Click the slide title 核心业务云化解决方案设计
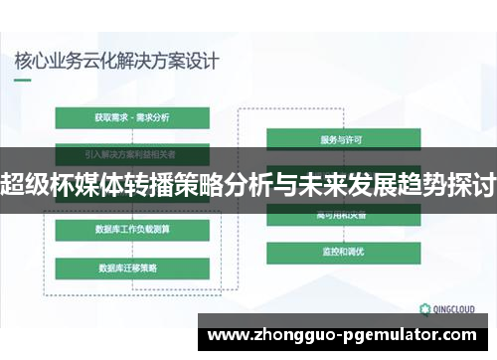116,59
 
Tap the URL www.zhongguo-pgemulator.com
348,335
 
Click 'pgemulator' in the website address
398,335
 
